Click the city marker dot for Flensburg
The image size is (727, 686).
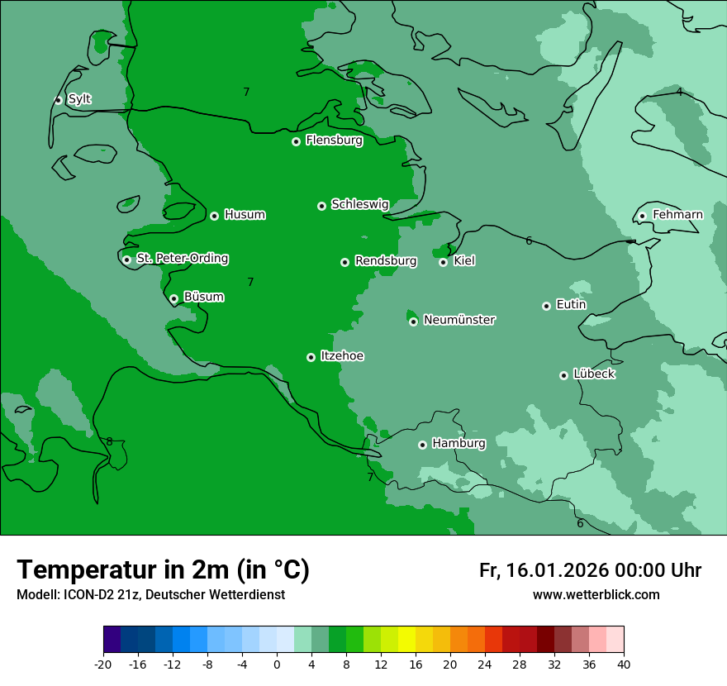click(x=296, y=141)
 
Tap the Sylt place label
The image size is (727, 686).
click(x=79, y=99)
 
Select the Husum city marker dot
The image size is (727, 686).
click(x=214, y=216)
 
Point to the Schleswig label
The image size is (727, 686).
click(x=359, y=204)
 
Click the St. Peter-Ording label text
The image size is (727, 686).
click(x=182, y=259)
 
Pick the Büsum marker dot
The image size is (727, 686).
click(x=173, y=299)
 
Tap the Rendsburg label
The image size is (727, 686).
click(x=385, y=261)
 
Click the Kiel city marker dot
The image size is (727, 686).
click(x=443, y=262)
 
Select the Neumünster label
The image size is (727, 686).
click(x=459, y=320)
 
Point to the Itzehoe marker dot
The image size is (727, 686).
click(x=311, y=357)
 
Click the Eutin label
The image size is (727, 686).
click(x=571, y=305)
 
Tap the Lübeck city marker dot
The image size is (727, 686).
click(x=563, y=375)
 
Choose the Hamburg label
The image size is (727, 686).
click(x=459, y=444)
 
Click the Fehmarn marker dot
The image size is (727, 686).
click(x=642, y=217)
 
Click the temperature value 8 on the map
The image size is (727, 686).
click(x=109, y=441)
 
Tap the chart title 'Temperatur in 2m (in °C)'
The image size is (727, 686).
click(x=163, y=569)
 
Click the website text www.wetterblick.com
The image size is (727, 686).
click(x=596, y=595)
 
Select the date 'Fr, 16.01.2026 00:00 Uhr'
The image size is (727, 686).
click(x=590, y=570)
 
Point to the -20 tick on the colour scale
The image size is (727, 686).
click(x=103, y=665)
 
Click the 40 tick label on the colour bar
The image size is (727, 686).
click(x=624, y=665)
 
